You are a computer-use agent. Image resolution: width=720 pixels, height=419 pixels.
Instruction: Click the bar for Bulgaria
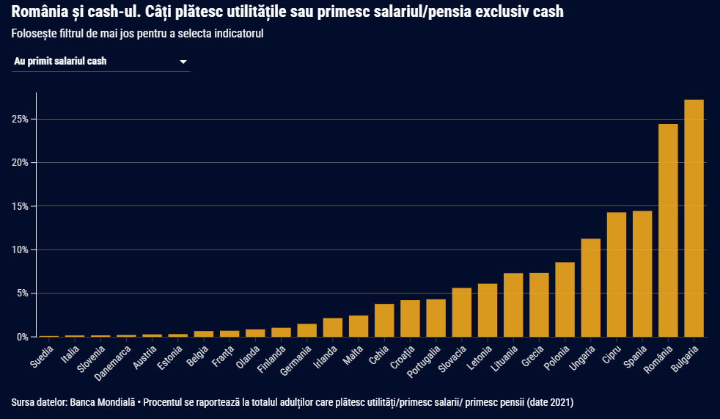694,218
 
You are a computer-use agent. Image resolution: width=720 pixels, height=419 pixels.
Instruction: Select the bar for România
668,230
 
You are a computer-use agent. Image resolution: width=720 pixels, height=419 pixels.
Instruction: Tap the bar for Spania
642,274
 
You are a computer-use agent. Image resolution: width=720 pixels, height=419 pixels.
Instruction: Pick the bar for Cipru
616,274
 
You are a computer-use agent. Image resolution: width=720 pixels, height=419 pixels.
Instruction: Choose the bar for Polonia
565,299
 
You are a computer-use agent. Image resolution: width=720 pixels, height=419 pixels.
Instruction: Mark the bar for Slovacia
461,313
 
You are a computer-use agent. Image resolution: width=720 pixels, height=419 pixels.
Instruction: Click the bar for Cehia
384,321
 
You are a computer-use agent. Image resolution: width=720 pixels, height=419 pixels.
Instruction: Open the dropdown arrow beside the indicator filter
183,62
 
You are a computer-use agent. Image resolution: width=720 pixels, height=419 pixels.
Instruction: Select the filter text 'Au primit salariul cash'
60,62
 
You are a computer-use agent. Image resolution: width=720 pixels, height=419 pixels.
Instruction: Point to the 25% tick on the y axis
19,119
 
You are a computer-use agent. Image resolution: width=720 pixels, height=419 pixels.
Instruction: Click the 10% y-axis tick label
19,249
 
